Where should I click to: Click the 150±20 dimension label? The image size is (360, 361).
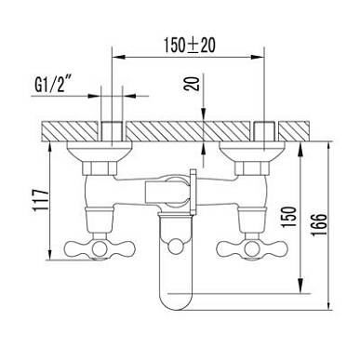[x=190, y=46]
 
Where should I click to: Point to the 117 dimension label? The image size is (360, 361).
[x=41, y=199]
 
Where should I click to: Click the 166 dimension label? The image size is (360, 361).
[x=319, y=224]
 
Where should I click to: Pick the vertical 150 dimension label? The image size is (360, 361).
[x=289, y=218]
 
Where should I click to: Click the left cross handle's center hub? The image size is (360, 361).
[x=100, y=248]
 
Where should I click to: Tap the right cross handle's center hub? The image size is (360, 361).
[x=250, y=248]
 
